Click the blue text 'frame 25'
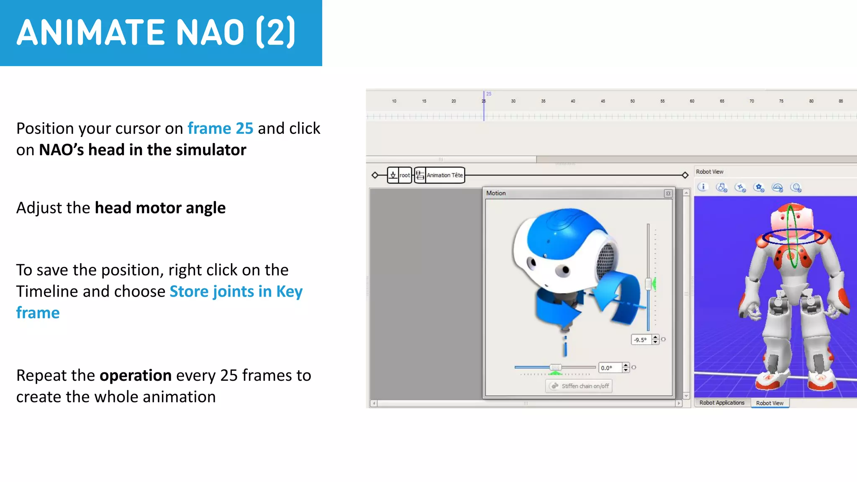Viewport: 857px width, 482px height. pyautogui.click(x=220, y=128)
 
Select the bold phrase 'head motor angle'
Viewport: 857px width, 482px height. pyautogui.click(x=160, y=208)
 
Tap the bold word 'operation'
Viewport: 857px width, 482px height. pyautogui.click(x=136, y=376)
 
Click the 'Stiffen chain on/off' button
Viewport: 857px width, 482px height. pyautogui.click(x=579, y=386)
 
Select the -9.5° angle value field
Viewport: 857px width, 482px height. pyautogui.click(x=641, y=340)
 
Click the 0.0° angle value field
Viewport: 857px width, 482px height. pyautogui.click(x=609, y=368)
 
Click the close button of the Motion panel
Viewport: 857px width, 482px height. pyautogui.click(x=668, y=193)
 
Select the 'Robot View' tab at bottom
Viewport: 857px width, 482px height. pyautogui.click(x=770, y=403)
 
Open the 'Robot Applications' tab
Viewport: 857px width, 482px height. pyautogui.click(x=722, y=403)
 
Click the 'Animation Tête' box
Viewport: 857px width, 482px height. pyautogui.click(x=444, y=175)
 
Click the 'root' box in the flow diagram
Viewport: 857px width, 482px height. pyautogui.click(x=404, y=175)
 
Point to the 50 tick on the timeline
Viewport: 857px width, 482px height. pyautogui.click(x=632, y=101)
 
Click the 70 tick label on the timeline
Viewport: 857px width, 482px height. pyautogui.click(x=752, y=101)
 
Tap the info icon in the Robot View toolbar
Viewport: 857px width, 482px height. pyautogui.click(x=703, y=187)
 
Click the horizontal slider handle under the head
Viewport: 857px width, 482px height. pyautogui.click(x=555, y=367)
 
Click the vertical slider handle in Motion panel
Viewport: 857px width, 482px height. pyautogui.click(x=648, y=284)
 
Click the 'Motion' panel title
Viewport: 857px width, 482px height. pyautogui.click(x=496, y=193)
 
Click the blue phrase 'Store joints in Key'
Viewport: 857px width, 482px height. pyautogui.click(x=236, y=292)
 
